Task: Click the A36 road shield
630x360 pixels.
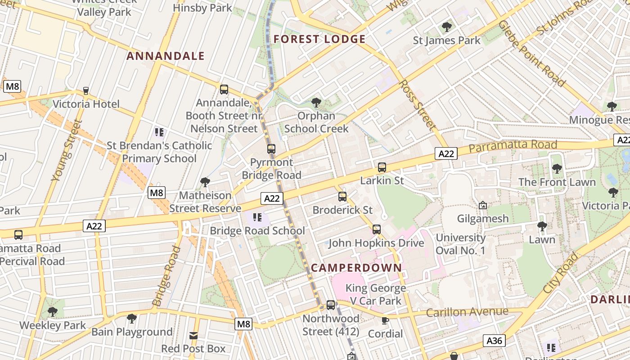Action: pyautogui.click(x=494, y=341)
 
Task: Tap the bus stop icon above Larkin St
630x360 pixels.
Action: pyautogui.click(x=382, y=167)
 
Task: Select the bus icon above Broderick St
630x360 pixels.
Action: pyautogui.click(x=342, y=197)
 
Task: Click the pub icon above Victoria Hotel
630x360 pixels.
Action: pyautogui.click(x=86, y=91)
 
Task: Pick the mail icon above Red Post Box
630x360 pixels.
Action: pyautogui.click(x=193, y=336)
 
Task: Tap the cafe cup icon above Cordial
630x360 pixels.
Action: pyautogui.click(x=385, y=320)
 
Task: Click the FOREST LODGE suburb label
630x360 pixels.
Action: pyautogui.click(x=319, y=39)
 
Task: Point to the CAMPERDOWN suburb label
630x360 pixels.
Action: pyautogui.click(x=356, y=268)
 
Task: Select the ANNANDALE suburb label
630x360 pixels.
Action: pyautogui.click(x=166, y=56)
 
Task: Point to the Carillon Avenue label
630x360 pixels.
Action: pyautogui.click(x=467, y=312)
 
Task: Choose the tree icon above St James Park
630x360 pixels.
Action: pyautogui.click(x=447, y=27)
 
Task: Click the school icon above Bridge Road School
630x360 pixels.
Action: pyautogui.click(x=257, y=218)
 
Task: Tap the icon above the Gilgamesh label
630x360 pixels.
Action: pyautogui.click(x=483, y=206)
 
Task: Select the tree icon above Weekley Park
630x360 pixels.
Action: pyautogui.click(x=53, y=311)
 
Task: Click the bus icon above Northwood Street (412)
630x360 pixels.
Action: pyautogui.click(x=331, y=305)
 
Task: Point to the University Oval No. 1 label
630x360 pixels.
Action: pyautogui.click(x=460, y=244)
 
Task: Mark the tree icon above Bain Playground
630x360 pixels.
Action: pyautogui.click(x=132, y=319)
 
